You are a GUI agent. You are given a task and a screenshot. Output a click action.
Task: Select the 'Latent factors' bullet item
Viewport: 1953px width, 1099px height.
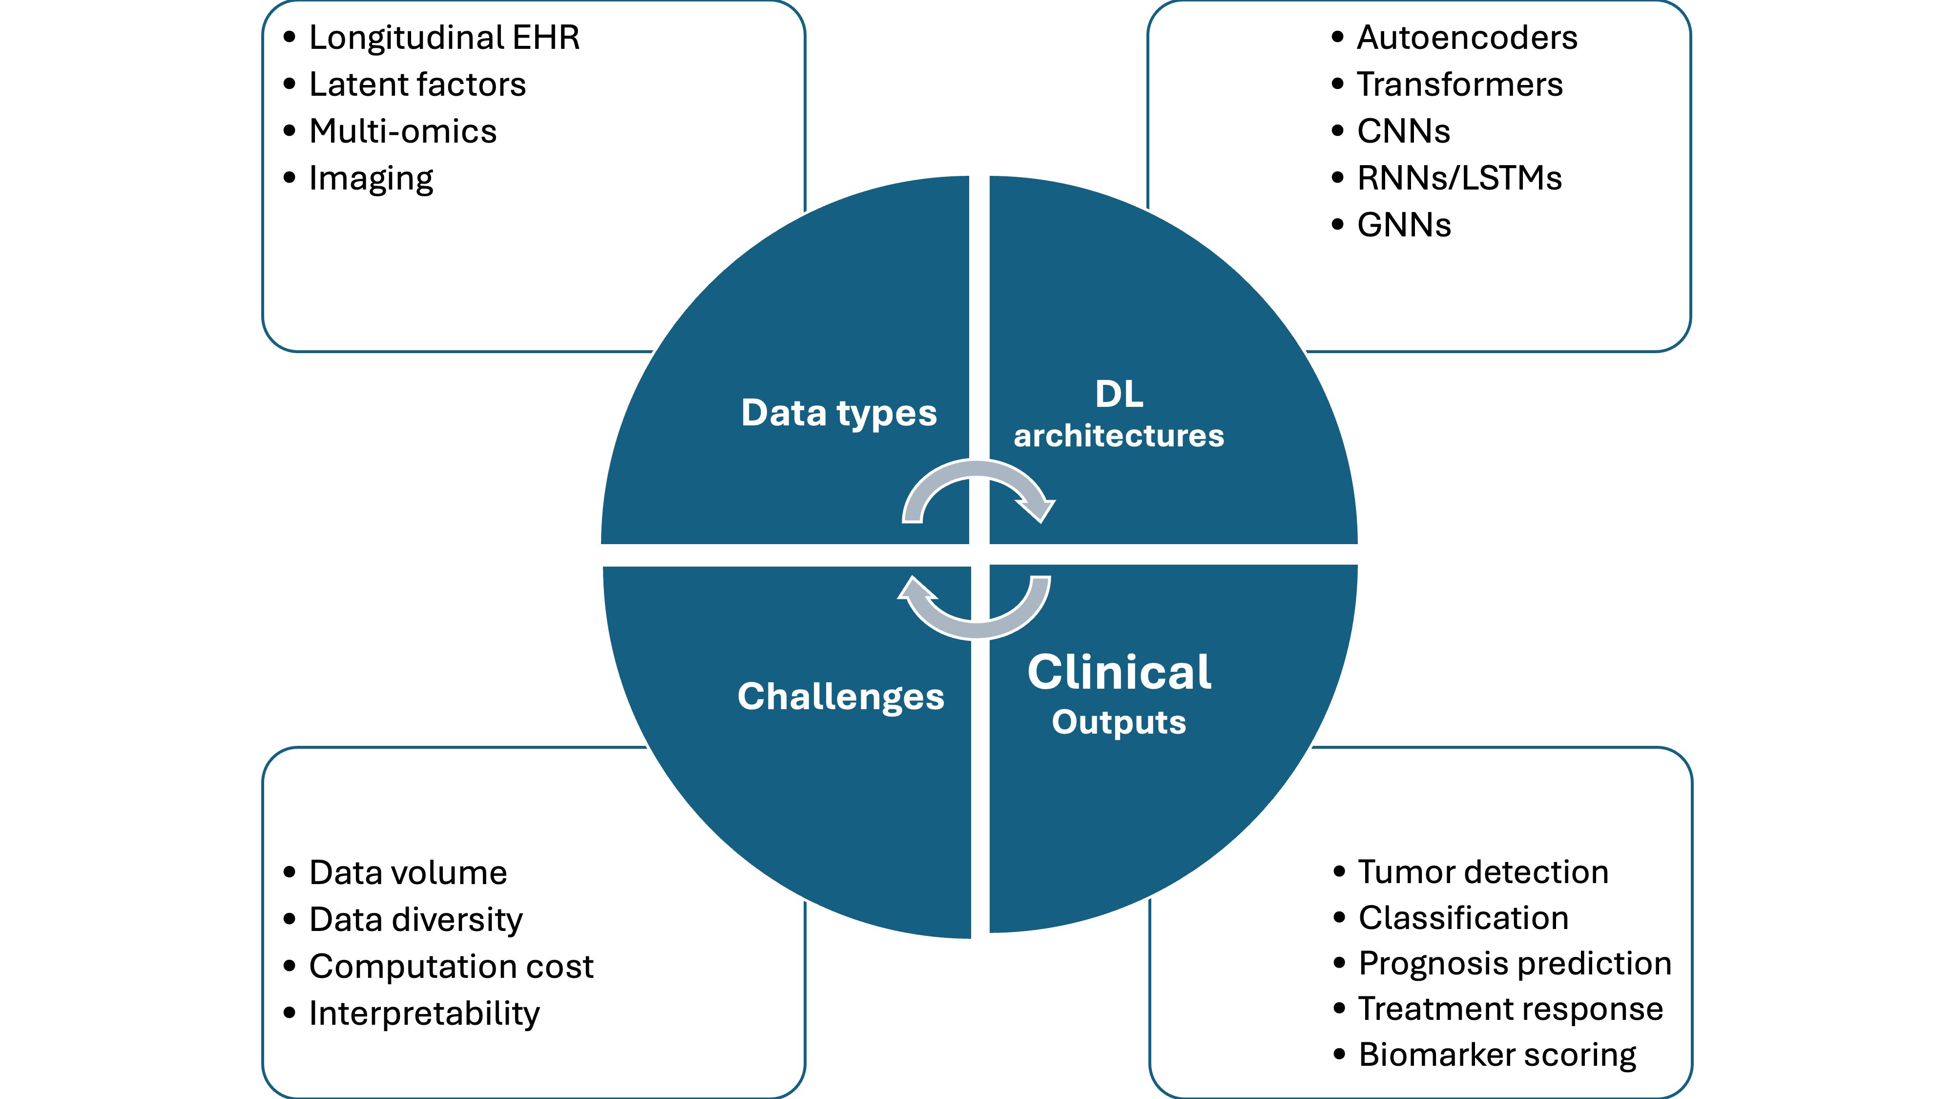pos(417,84)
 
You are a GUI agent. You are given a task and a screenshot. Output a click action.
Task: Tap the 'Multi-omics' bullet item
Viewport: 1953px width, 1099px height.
pos(403,131)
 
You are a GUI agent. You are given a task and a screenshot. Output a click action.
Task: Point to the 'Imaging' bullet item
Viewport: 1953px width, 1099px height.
pos(371,179)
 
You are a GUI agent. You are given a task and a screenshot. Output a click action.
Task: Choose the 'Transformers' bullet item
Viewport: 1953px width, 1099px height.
pos(1459,84)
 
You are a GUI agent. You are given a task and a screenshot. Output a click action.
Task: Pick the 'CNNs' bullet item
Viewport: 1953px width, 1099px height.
pos(1403,131)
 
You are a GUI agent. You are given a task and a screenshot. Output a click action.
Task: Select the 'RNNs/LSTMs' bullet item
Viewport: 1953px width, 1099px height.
pos(1459,178)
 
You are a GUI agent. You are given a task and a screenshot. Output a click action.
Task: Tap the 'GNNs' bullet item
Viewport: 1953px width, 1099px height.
pos(1403,225)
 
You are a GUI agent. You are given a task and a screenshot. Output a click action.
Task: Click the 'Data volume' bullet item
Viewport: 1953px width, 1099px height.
pos(408,873)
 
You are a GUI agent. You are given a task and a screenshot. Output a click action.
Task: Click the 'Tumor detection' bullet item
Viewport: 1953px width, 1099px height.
pos(1482,872)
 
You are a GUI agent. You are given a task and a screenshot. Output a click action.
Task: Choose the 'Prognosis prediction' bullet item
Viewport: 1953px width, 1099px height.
pos(1514,963)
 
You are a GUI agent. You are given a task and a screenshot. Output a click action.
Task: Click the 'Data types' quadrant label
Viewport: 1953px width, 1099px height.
pos(838,413)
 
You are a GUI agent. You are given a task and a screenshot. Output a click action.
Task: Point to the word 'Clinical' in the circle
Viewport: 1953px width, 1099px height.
pos(1119,672)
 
